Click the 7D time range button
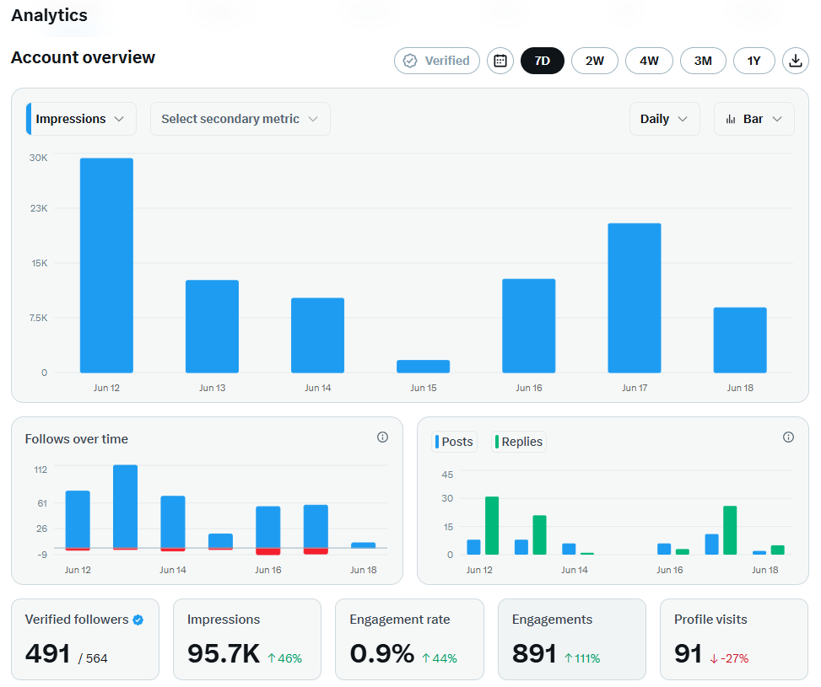click(542, 61)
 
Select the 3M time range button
click(703, 61)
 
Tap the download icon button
click(796, 61)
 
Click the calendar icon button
click(500, 61)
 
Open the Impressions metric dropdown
click(81, 119)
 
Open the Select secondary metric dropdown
click(240, 119)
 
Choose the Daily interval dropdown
click(664, 119)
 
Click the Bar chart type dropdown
click(754, 119)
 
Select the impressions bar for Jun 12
click(106, 266)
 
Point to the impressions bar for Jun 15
click(423, 367)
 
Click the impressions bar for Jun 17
click(634, 298)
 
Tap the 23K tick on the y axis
click(39, 208)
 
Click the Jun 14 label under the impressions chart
click(318, 388)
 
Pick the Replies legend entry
click(519, 442)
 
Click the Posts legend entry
click(455, 442)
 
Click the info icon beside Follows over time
click(383, 437)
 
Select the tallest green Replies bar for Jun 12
click(492, 525)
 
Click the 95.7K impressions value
click(224, 653)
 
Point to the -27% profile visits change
click(729, 658)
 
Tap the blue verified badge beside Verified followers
click(138, 620)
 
